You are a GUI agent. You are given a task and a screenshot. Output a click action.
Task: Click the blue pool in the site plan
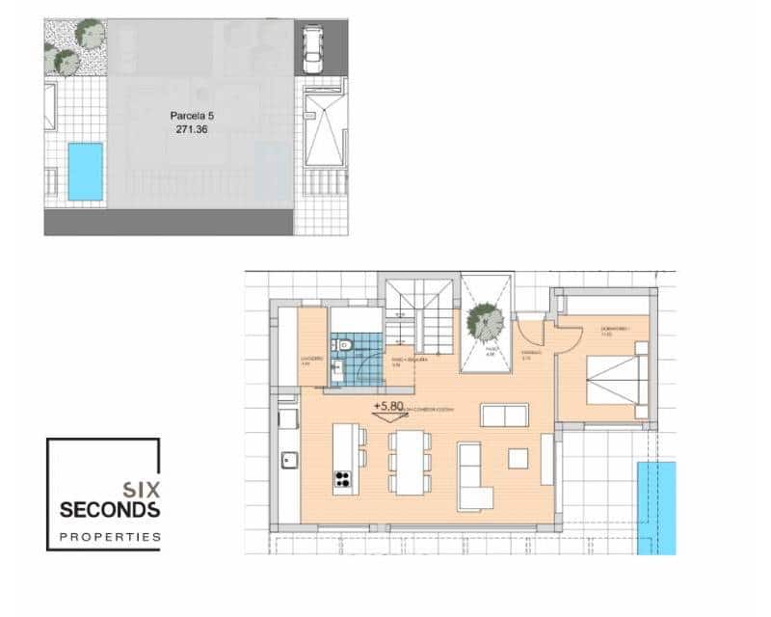[x=85, y=172]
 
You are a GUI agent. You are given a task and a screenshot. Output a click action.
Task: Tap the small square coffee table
[x=518, y=458]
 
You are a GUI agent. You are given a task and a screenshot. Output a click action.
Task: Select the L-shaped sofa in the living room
[x=474, y=477]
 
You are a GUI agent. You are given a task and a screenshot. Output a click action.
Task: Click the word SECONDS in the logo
[x=110, y=509]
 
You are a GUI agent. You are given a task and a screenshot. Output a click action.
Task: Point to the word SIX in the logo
[x=140, y=489]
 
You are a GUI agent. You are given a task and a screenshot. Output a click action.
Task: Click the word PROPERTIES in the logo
[x=110, y=536]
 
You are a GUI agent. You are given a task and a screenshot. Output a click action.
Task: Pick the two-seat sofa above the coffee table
[x=504, y=416]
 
